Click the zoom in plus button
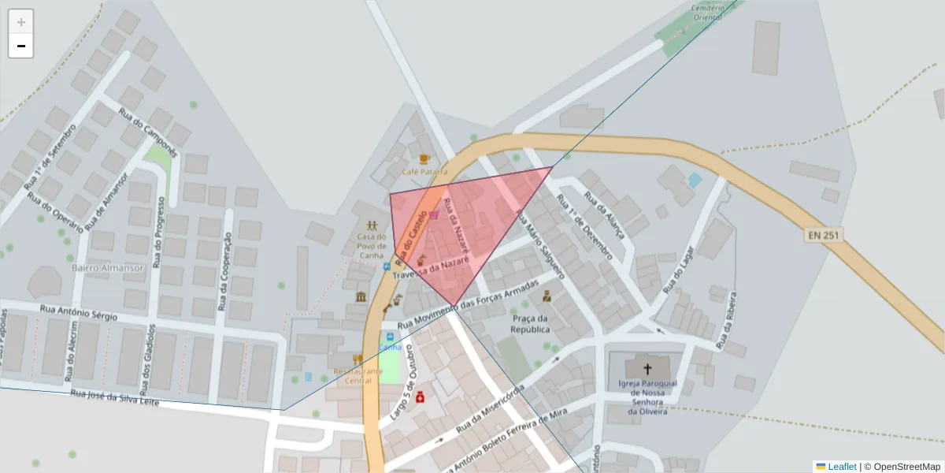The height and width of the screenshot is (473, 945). tap(20, 22)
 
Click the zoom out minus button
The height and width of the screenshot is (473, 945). tap(20, 46)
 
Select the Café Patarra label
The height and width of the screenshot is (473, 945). tap(424, 171)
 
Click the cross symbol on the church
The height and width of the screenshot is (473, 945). tap(647, 368)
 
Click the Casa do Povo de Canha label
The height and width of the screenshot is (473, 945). tap(370, 245)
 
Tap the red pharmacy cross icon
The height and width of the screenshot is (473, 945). tap(420, 397)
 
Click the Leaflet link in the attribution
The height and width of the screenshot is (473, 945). tap(841, 467)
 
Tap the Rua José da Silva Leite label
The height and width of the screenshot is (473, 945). tap(115, 397)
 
